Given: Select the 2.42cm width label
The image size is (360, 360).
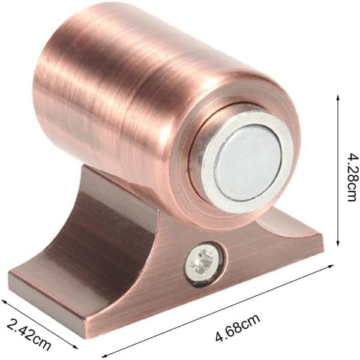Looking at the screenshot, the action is (x=28, y=335).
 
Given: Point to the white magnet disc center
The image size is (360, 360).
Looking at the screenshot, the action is (x=248, y=162).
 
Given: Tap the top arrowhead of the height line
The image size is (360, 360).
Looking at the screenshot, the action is (x=337, y=98).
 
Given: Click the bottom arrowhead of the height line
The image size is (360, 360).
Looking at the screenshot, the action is (x=337, y=244).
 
